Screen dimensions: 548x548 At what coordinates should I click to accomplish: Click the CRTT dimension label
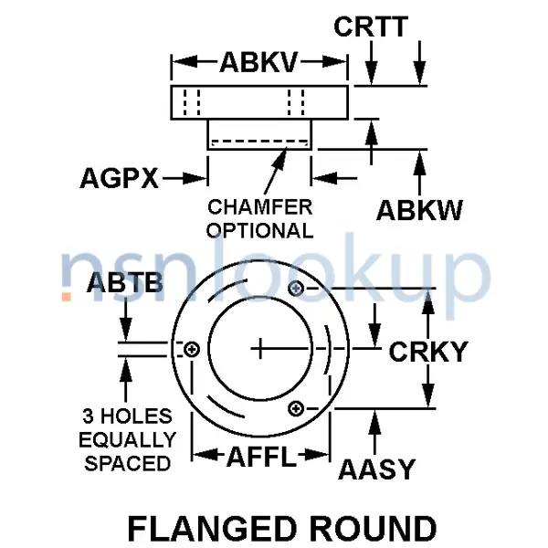(x=371, y=26)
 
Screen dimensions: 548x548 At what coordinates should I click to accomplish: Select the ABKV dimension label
(x=259, y=62)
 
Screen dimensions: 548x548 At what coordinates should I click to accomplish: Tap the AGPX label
(x=119, y=178)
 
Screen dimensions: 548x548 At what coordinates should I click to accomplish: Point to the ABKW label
(x=419, y=210)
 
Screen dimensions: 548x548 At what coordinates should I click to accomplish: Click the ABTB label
(x=125, y=282)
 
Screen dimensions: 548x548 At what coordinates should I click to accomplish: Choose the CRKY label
(x=428, y=352)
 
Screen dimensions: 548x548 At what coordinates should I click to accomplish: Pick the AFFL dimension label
(x=261, y=457)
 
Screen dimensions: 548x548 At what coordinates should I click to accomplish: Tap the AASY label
(x=376, y=469)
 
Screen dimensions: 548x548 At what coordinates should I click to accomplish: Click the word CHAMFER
(x=260, y=207)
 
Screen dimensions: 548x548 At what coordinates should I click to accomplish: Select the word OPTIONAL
(x=260, y=231)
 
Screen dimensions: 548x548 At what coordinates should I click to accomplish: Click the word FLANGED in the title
(x=212, y=528)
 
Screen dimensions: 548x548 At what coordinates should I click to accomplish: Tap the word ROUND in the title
(x=373, y=528)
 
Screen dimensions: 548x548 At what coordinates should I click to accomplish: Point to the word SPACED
(x=128, y=463)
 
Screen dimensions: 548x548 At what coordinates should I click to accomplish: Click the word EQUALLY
(x=128, y=439)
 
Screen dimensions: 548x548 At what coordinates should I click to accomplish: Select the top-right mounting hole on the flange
(x=296, y=289)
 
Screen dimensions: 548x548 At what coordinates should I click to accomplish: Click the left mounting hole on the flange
(x=192, y=349)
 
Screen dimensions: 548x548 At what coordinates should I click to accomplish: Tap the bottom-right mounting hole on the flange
(x=296, y=408)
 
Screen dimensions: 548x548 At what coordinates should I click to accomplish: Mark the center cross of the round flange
(x=260, y=349)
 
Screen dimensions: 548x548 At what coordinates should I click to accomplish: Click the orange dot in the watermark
(x=67, y=296)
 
